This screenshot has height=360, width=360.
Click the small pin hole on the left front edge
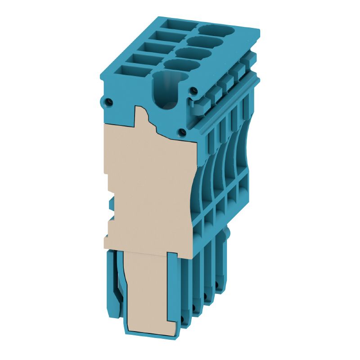(108, 102)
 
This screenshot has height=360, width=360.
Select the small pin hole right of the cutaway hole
(193, 91)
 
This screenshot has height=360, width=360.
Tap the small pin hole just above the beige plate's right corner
(182, 132)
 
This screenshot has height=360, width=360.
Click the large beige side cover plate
(148, 189)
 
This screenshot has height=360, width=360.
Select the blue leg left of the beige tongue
(113, 283)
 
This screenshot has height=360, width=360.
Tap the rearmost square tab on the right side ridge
(250, 58)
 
